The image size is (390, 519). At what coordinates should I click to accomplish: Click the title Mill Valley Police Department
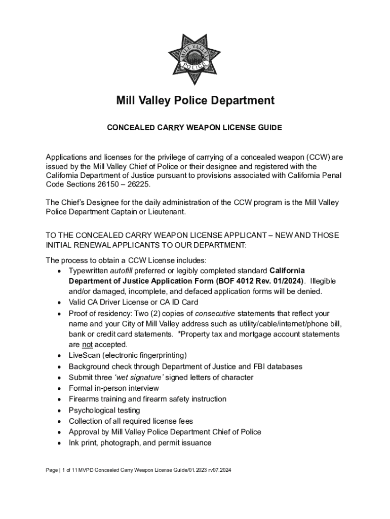coord(194,100)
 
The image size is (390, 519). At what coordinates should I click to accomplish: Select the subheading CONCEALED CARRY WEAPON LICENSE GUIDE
coord(194,128)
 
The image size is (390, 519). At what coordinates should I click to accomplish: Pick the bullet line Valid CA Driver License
coord(133,303)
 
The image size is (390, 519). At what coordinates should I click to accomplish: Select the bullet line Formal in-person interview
coord(113,388)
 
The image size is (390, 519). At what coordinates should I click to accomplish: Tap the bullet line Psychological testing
coord(104,410)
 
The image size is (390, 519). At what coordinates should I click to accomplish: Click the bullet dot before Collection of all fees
coord(60,422)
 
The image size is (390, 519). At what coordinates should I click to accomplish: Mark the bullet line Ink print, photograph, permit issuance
coord(140,443)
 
